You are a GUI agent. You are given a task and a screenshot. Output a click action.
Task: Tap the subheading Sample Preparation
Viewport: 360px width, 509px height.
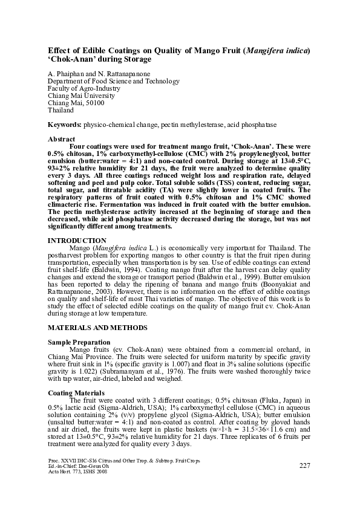pos(75,342)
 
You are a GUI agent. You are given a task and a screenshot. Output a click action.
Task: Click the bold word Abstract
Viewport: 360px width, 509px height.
pos(61,139)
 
